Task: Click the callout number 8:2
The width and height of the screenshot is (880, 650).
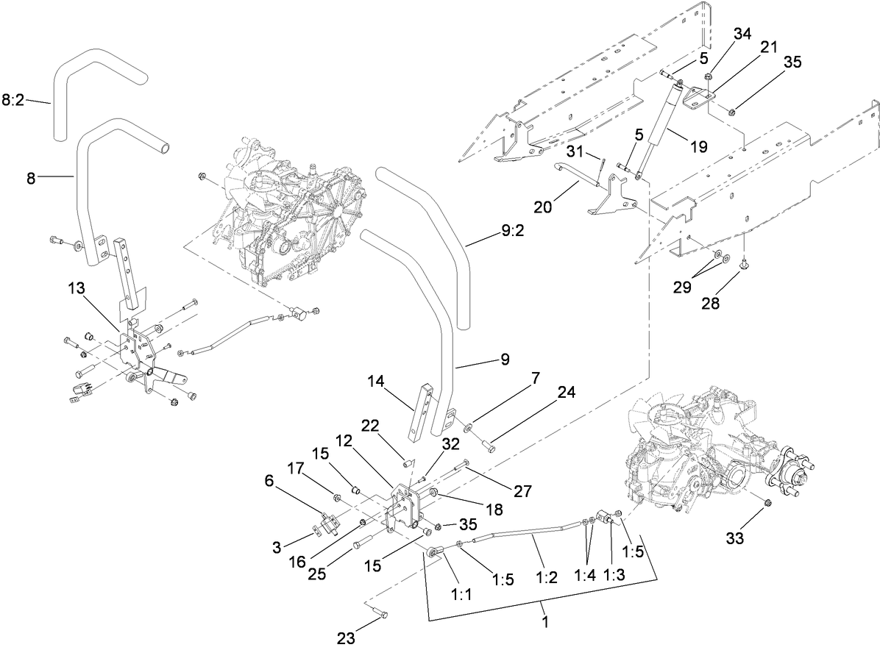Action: [14, 100]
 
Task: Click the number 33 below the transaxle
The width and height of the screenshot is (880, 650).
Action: [734, 539]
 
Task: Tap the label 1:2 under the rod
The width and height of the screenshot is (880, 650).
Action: [546, 577]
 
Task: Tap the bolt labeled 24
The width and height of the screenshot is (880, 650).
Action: [486, 442]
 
